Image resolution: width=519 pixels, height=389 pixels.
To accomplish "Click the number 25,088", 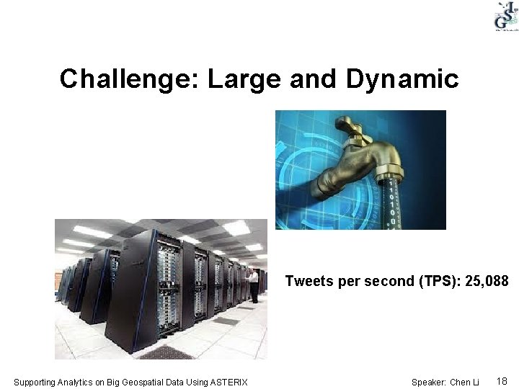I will point(487,282).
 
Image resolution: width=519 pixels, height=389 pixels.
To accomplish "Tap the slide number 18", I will point(502,381).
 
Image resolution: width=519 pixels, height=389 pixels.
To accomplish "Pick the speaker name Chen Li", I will point(464,382).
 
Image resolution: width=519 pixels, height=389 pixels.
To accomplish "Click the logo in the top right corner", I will point(505,17).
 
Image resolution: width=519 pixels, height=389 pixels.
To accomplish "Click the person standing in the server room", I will point(254,285).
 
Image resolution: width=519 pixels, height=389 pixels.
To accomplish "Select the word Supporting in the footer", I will point(35,382).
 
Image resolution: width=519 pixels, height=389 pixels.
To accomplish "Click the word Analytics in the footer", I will point(77,382).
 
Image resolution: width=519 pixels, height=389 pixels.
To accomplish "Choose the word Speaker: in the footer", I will point(429,382).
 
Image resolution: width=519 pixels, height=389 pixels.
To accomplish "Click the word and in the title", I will point(314,79).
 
